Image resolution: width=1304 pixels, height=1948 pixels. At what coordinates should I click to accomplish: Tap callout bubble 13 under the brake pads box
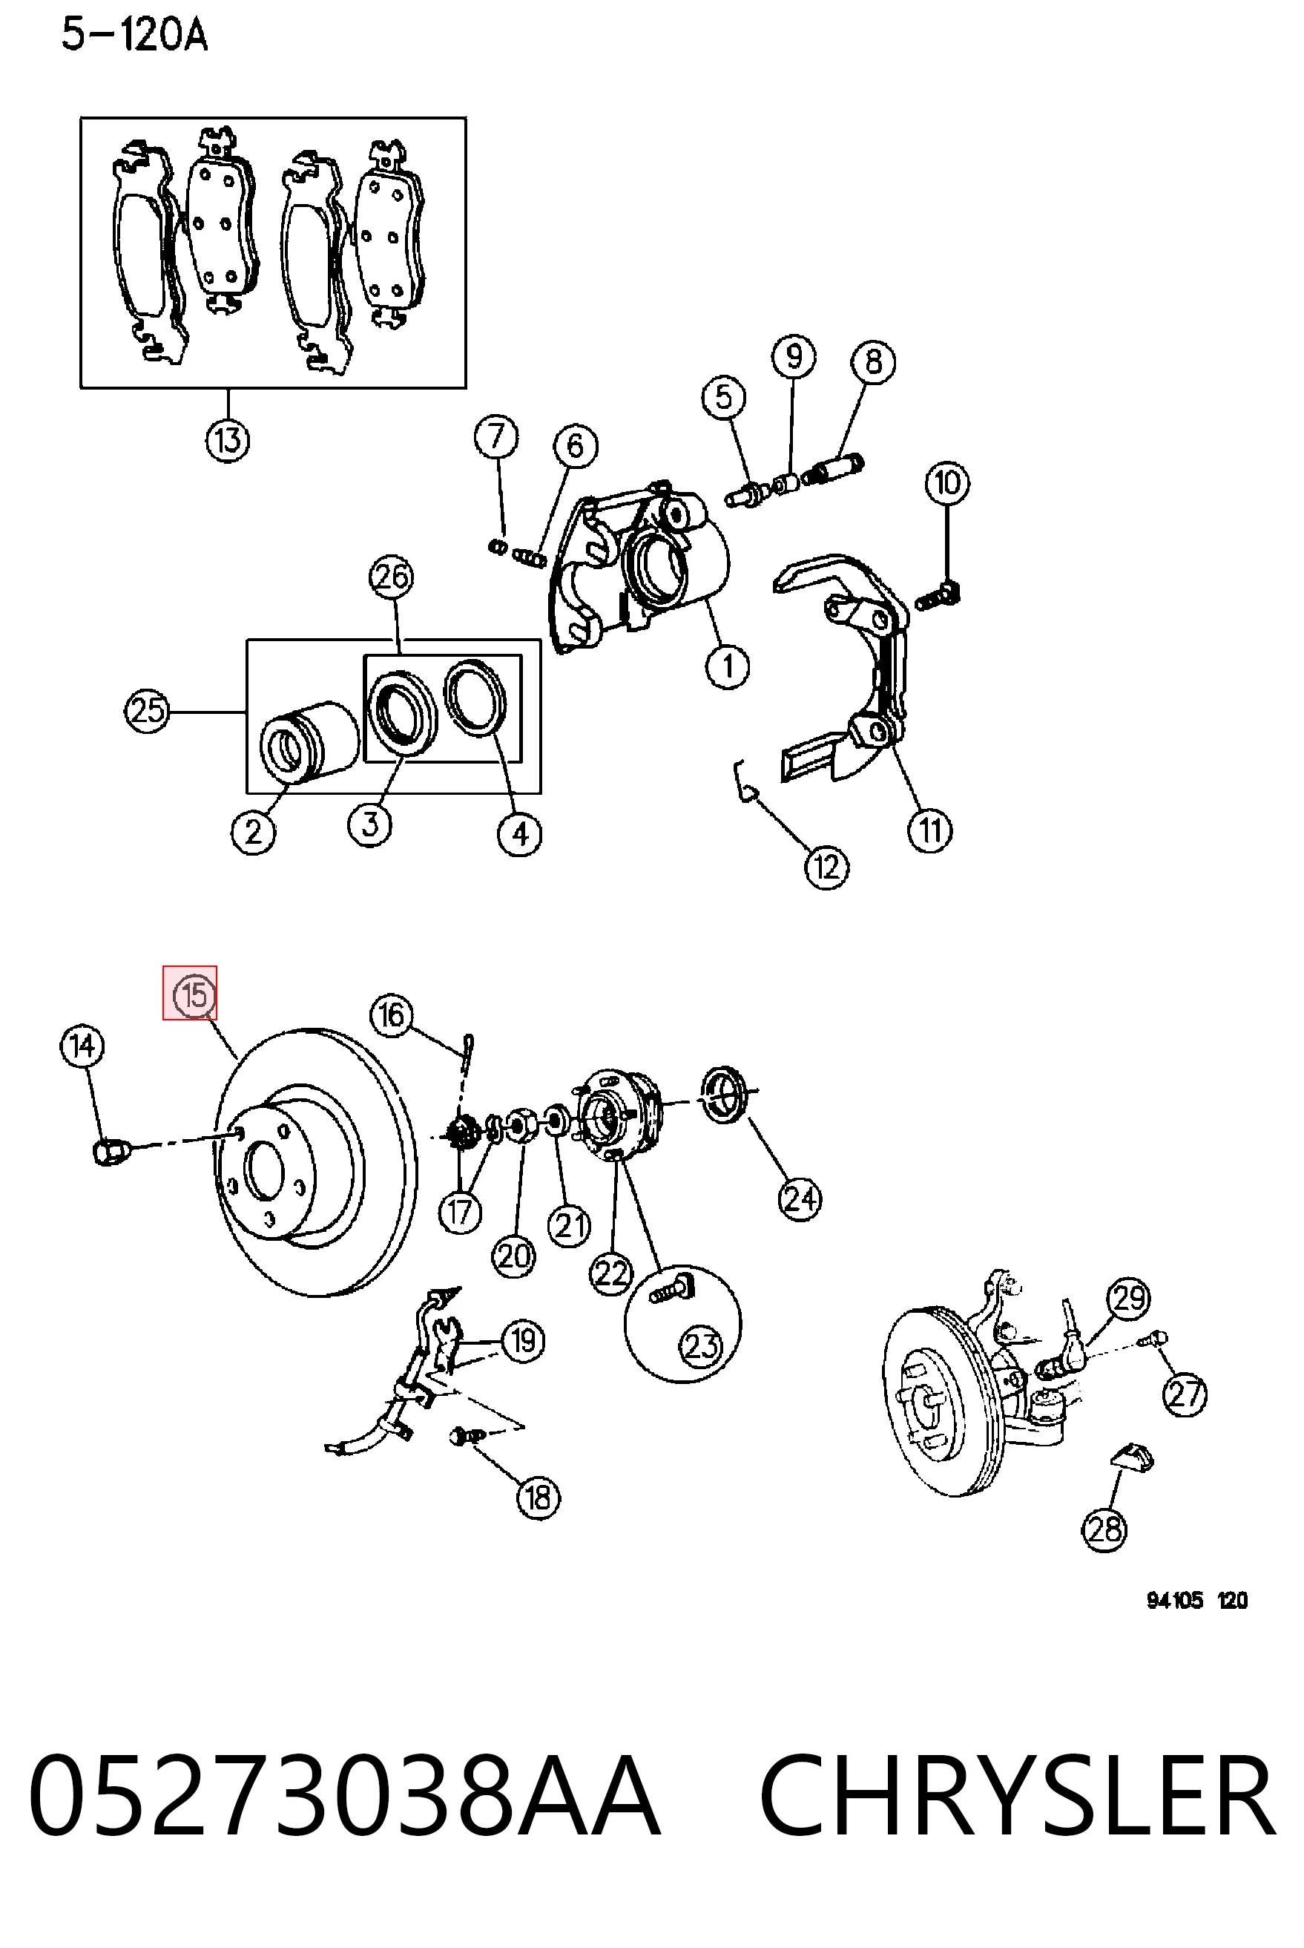pos(228,440)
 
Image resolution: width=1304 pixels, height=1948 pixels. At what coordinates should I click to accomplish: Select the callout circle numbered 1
pos(728,666)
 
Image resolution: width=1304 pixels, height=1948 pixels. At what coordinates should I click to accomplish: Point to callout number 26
pos(392,577)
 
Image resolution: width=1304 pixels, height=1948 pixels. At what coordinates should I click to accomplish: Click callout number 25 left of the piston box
pos(147,711)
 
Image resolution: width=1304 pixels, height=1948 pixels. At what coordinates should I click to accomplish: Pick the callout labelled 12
pos(826,868)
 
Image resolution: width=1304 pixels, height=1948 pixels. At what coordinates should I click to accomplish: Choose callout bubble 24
pos(800,1198)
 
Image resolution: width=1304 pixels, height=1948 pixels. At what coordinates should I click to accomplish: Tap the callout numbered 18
pos(538,1498)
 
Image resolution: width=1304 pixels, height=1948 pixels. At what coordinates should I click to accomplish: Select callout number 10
pos(947,483)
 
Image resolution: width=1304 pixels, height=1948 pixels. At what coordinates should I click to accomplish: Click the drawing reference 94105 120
pos(1196,1600)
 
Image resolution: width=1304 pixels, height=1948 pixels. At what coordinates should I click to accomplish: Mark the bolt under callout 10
pos(938,597)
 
